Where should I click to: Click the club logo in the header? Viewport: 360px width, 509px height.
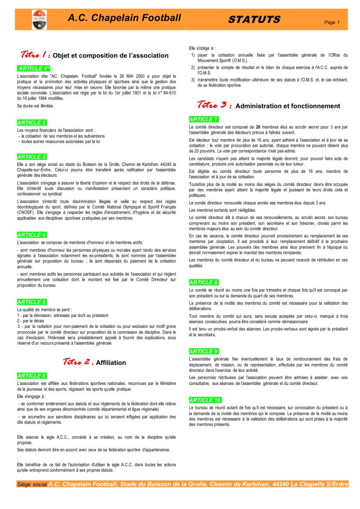(x=39, y=20)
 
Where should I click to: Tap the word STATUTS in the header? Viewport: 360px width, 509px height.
(x=254, y=20)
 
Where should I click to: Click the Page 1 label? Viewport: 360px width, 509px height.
(x=332, y=22)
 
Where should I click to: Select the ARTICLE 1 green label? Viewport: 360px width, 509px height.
(x=34, y=69)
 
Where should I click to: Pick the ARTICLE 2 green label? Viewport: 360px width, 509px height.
(x=32, y=123)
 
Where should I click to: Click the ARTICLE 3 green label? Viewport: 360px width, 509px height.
(x=32, y=156)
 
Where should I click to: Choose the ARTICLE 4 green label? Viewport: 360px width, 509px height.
(x=32, y=235)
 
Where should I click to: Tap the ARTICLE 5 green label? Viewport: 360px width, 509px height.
(x=32, y=302)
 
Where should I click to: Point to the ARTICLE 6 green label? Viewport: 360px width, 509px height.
(x=32, y=376)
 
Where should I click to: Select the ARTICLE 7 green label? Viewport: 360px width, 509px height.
(x=204, y=119)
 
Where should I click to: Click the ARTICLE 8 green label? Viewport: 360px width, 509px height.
(x=204, y=283)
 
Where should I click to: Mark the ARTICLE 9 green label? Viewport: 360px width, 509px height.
(x=204, y=351)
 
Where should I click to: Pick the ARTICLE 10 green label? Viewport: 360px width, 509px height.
(x=205, y=400)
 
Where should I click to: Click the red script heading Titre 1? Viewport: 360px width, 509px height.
(x=35, y=55)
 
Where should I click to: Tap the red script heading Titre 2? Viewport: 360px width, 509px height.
(x=78, y=362)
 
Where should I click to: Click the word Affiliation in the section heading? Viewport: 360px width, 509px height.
(x=111, y=363)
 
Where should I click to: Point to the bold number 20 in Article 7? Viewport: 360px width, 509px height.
(x=258, y=127)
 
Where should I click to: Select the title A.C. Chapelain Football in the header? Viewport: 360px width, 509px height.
(x=124, y=18)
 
